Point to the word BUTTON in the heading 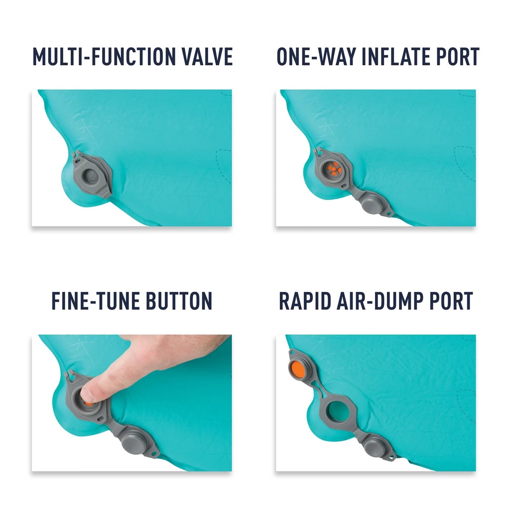coord(179,300)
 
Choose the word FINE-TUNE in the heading coord(95,300)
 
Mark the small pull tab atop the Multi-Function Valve coord(76,154)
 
